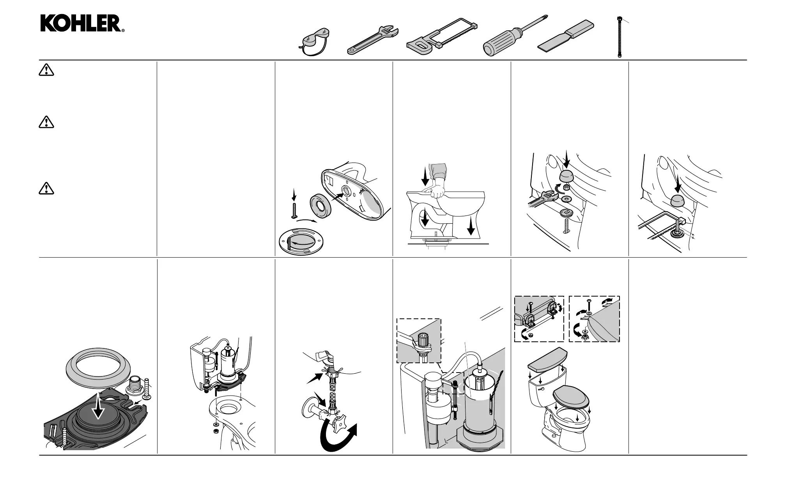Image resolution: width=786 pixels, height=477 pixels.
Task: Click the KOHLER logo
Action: tap(82, 23)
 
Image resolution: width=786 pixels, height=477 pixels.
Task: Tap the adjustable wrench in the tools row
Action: tap(373, 40)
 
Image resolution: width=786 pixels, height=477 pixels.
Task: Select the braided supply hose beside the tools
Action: tap(620, 37)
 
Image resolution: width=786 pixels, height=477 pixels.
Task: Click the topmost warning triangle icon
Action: tap(46, 70)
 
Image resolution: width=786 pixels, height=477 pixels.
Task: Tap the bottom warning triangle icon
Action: tap(46, 189)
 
